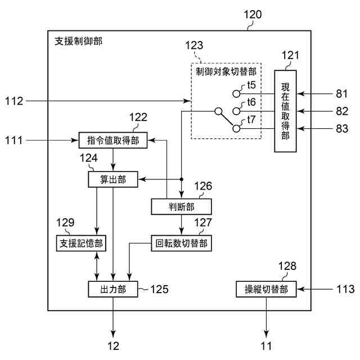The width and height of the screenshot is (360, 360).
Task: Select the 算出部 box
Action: click(114, 179)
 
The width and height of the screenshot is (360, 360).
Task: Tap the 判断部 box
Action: click(181, 206)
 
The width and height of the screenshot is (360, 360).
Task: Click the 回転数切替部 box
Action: click(181, 243)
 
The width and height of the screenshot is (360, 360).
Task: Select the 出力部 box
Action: click(114, 289)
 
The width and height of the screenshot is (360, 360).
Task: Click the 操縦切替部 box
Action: click(266, 289)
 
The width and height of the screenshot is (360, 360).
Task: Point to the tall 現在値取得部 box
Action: click(285, 111)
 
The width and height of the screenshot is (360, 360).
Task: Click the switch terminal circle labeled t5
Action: click(237, 93)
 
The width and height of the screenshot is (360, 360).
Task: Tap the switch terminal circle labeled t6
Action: click(237, 111)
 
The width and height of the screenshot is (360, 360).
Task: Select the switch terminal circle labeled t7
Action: click(237, 128)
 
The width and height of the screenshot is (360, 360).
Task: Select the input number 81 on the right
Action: click(341, 93)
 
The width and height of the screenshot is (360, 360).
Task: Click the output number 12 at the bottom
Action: click(113, 345)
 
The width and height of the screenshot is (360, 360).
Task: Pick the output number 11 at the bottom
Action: click(265, 345)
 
